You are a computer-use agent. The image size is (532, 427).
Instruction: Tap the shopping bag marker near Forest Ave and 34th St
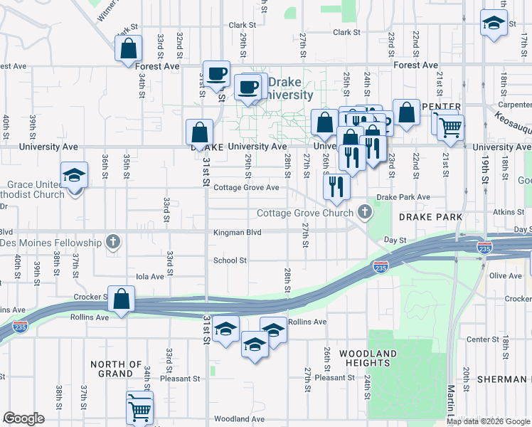coord(129,49)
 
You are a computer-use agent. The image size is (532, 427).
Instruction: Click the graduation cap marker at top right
coord(493,23)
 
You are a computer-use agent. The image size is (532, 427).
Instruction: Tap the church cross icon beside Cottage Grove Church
coord(365,211)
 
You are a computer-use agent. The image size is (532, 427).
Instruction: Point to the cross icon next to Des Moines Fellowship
coord(112,243)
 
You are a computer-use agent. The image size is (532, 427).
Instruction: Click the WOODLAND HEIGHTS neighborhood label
coord(367,358)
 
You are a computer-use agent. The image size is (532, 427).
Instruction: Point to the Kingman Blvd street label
coord(238,233)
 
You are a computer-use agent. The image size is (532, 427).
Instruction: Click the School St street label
coord(230,260)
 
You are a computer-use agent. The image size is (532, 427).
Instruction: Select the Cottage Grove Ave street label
coord(246,188)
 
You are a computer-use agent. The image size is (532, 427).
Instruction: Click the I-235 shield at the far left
coord(20,326)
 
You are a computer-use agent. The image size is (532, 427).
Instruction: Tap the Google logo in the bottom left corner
coord(24,418)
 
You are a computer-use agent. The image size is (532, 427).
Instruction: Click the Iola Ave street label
coord(150,276)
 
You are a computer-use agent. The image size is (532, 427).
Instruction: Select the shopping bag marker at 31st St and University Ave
coord(200,132)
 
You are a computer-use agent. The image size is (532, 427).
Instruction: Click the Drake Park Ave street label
coord(403,197)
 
